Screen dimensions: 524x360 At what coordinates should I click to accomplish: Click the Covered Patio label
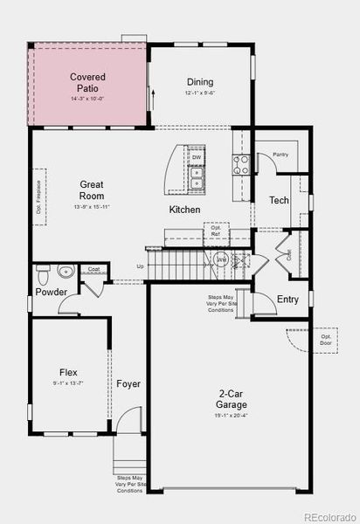(x=88, y=83)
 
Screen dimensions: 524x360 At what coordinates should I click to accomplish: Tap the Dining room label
(x=200, y=82)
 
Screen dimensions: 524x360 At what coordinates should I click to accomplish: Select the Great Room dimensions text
(x=93, y=207)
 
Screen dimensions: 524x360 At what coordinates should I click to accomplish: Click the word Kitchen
(x=184, y=210)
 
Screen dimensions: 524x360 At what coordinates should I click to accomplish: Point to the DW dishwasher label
(x=197, y=157)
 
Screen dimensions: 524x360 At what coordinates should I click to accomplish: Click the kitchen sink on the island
(x=197, y=178)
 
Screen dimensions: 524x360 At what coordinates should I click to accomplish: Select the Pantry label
(x=280, y=155)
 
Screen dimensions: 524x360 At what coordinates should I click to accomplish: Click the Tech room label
(x=279, y=200)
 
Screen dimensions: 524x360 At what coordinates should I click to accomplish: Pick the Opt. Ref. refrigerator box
(x=215, y=231)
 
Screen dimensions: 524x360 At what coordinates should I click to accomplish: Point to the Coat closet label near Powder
(x=93, y=269)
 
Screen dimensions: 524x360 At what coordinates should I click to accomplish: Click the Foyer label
(x=128, y=383)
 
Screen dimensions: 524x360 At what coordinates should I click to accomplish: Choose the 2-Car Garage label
(x=232, y=399)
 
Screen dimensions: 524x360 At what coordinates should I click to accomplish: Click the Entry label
(x=287, y=300)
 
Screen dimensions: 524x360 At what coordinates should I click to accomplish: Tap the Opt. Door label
(x=325, y=339)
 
